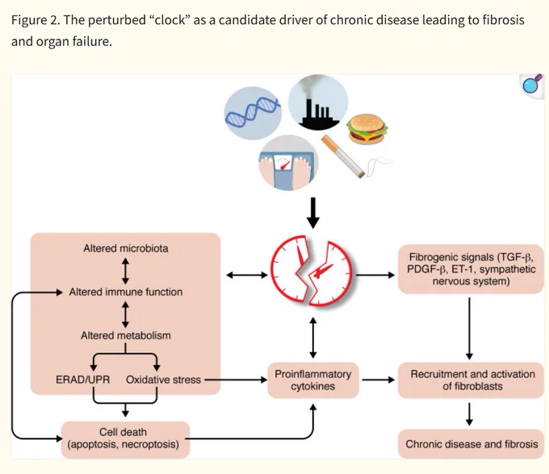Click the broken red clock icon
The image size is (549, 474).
pyautogui.click(x=312, y=271)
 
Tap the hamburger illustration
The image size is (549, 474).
pyautogui.click(x=367, y=129)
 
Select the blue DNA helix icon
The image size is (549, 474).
pyautogui.click(x=253, y=113)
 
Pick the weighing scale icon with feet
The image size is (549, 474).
pyautogui.click(x=288, y=163)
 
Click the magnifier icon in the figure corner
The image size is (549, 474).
pyautogui.click(x=532, y=85)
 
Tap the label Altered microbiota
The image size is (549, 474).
pyautogui.click(x=126, y=248)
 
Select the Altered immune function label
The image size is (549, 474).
pyautogui.click(x=126, y=292)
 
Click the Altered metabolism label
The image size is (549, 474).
pyautogui.click(x=126, y=335)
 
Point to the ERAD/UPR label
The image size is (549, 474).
pyautogui.click(x=82, y=380)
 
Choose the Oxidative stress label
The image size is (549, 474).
pyautogui.click(x=164, y=380)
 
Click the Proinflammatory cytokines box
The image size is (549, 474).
pyautogui.click(x=313, y=380)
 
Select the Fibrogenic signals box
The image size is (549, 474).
pyautogui.click(x=471, y=269)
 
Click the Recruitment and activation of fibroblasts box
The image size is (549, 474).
pyautogui.click(x=471, y=380)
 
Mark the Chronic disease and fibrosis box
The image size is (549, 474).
pyautogui.click(x=471, y=444)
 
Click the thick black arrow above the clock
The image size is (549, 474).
pyautogui.click(x=313, y=213)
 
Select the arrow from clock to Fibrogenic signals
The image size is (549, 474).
pyautogui.click(x=375, y=275)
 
